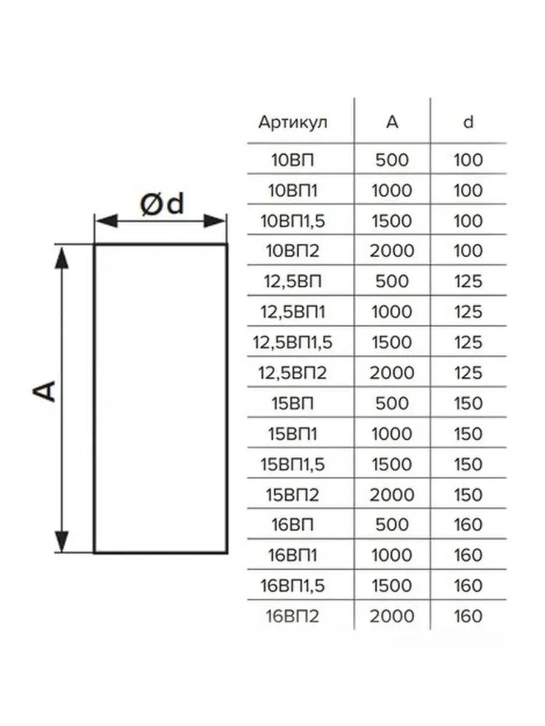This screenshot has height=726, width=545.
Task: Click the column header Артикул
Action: (x=292, y=122)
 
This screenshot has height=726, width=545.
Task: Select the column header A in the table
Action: (x=392, y=122)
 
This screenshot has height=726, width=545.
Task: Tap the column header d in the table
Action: (x=467, y=122)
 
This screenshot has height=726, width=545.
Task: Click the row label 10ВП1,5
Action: (x=292, y=221)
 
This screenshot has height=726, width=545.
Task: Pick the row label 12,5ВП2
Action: (x=292, y=373)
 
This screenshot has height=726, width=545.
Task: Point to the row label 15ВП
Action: (x=292, y=403)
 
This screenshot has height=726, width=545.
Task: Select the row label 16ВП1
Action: (x=292, y=555)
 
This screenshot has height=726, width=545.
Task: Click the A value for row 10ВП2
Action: (x=392, y=251)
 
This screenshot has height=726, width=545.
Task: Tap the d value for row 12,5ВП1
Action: (x=467, y=312)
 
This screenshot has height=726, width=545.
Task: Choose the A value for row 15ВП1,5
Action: (x=392, y=464)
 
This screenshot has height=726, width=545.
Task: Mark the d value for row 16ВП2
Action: (x=467, y=616)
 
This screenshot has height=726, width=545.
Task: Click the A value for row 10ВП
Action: (x=392, y=160)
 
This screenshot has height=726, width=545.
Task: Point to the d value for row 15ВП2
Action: (x=467, y=495)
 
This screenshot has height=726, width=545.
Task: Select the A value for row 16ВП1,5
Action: (x=392, y=586)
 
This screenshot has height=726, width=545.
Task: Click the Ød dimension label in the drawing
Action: (x=161, y=205)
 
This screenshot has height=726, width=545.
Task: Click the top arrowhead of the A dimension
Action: (x=61, y=257)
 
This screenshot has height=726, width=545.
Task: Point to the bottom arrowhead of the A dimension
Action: (x=61, y=540)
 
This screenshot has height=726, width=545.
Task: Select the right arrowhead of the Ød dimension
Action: (x=215, y=221)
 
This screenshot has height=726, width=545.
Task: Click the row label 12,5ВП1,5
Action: (x=292, y=342)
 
